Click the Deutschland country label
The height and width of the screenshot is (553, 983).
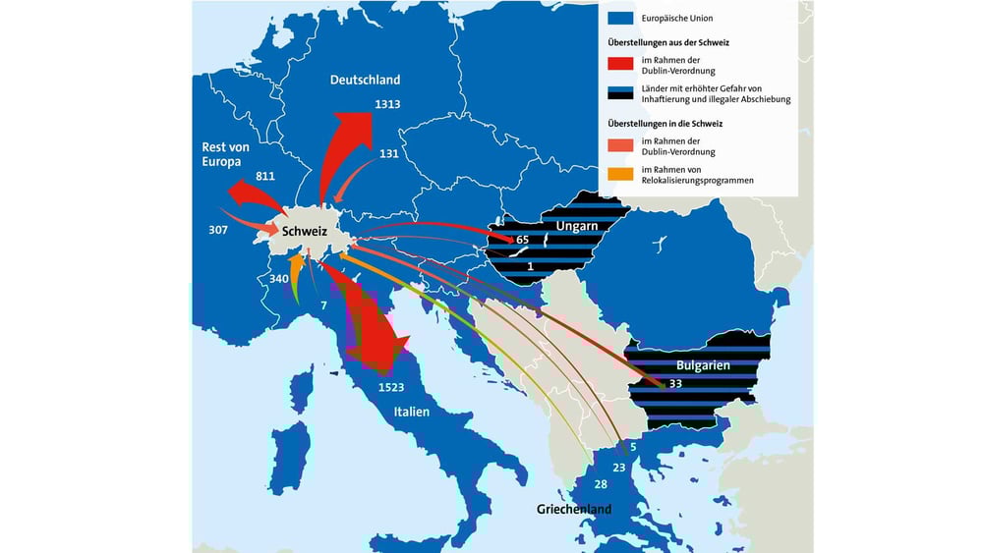365,80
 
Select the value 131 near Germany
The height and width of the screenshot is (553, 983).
389,153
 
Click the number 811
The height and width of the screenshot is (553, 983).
264,176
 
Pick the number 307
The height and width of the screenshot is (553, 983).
218,231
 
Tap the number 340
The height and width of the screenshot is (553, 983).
279,278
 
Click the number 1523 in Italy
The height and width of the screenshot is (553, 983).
390,387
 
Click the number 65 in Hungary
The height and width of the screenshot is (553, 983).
522,240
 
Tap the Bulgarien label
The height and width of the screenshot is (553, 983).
699,363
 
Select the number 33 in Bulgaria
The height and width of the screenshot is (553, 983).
675,384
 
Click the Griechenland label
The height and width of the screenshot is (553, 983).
573,509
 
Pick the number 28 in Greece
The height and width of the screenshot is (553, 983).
602,485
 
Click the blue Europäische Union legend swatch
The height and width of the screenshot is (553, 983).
619,18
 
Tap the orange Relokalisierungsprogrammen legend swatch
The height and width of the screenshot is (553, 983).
619,174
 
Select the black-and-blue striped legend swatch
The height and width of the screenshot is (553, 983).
619,93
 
